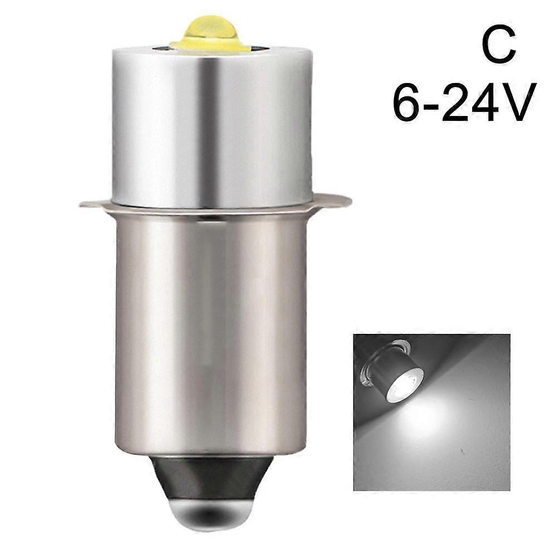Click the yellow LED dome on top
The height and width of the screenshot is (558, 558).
pos(210,28)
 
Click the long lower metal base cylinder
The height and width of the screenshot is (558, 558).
pos(212,334)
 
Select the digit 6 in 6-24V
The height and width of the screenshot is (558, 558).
pos(408,103)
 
